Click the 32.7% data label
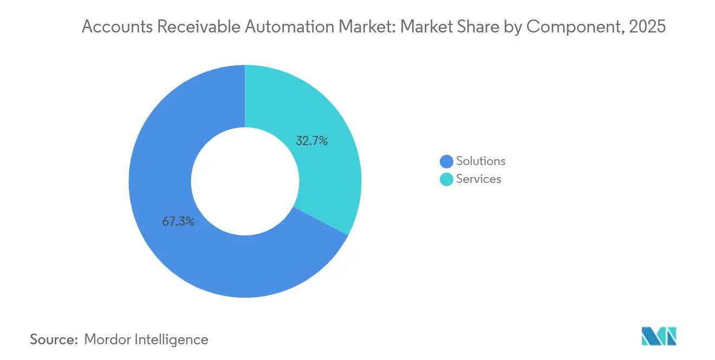click(x=311, y=141)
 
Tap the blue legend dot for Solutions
click(x=446, y=161)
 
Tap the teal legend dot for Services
click(x=446, y=179)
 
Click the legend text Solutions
click(x=480, y=161)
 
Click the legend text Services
click(x=478, y=179)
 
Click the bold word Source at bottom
click(x=54, y=339)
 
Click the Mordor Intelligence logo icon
click(x=659, y=336)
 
